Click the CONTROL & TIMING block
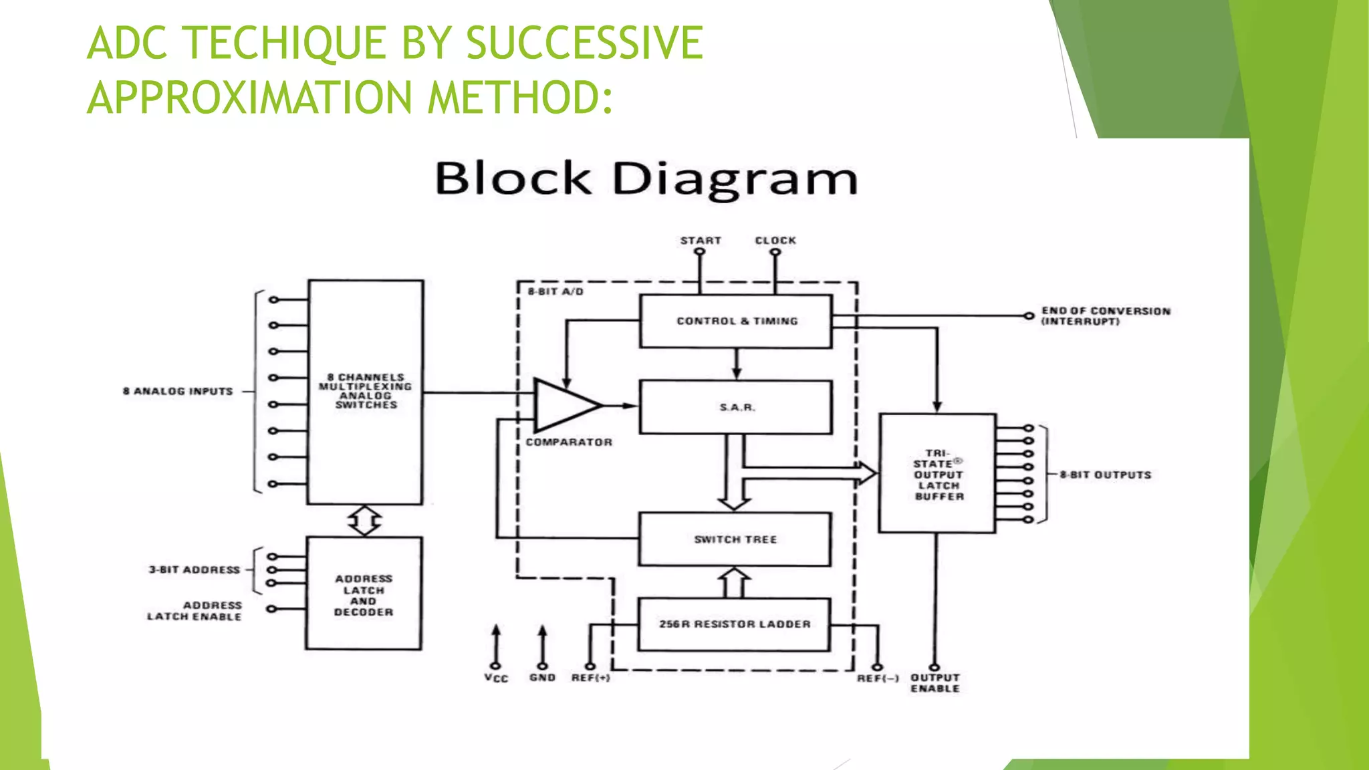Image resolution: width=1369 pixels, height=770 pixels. point(736,322)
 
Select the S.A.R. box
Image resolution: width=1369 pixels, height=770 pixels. point(736,407)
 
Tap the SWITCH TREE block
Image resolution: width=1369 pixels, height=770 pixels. point(735,539)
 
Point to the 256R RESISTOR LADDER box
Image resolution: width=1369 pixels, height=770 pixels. point(735,624)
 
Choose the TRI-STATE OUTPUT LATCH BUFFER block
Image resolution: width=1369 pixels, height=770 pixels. point(938,474)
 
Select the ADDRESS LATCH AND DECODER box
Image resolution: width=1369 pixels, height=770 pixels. point(364,594)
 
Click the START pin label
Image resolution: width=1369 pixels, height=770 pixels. point(701,241)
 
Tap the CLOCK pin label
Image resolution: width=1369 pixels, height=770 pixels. point(775,241)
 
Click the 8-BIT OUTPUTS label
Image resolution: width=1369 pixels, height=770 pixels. point(1106,475)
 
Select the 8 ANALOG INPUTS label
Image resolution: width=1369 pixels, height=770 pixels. point(178,391)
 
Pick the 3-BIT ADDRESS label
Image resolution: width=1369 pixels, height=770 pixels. point(194,569)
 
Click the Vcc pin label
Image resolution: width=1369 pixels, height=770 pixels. point(496,678)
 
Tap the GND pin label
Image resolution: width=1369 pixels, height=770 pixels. point(542,678)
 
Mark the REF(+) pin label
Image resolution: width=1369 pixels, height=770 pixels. point(590,678)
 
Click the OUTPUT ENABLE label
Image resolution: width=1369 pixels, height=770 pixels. point(935,682)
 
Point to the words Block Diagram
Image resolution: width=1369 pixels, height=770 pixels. point(646,179)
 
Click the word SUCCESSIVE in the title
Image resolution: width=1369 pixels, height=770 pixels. point(584,43)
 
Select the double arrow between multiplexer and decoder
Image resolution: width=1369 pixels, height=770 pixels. point(364,521)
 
